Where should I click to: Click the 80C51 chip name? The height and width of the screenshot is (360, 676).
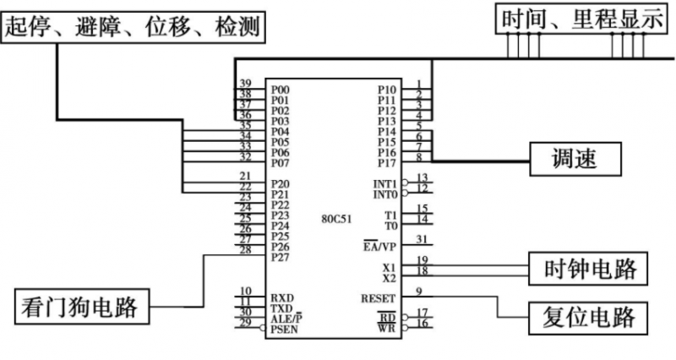[335, 218]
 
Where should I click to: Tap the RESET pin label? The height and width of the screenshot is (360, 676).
[378, 297]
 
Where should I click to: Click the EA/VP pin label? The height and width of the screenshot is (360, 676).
[377, 247]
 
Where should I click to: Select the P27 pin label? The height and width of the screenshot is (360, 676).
[281, 258]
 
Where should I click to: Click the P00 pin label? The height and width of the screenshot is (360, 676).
[281, 89]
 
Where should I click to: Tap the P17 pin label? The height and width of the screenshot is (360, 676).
[386, 163]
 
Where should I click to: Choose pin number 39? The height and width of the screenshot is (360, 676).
[246, 83]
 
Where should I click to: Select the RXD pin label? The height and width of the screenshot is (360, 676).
[282, 298]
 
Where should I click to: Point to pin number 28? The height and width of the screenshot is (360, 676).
[246, 250]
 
